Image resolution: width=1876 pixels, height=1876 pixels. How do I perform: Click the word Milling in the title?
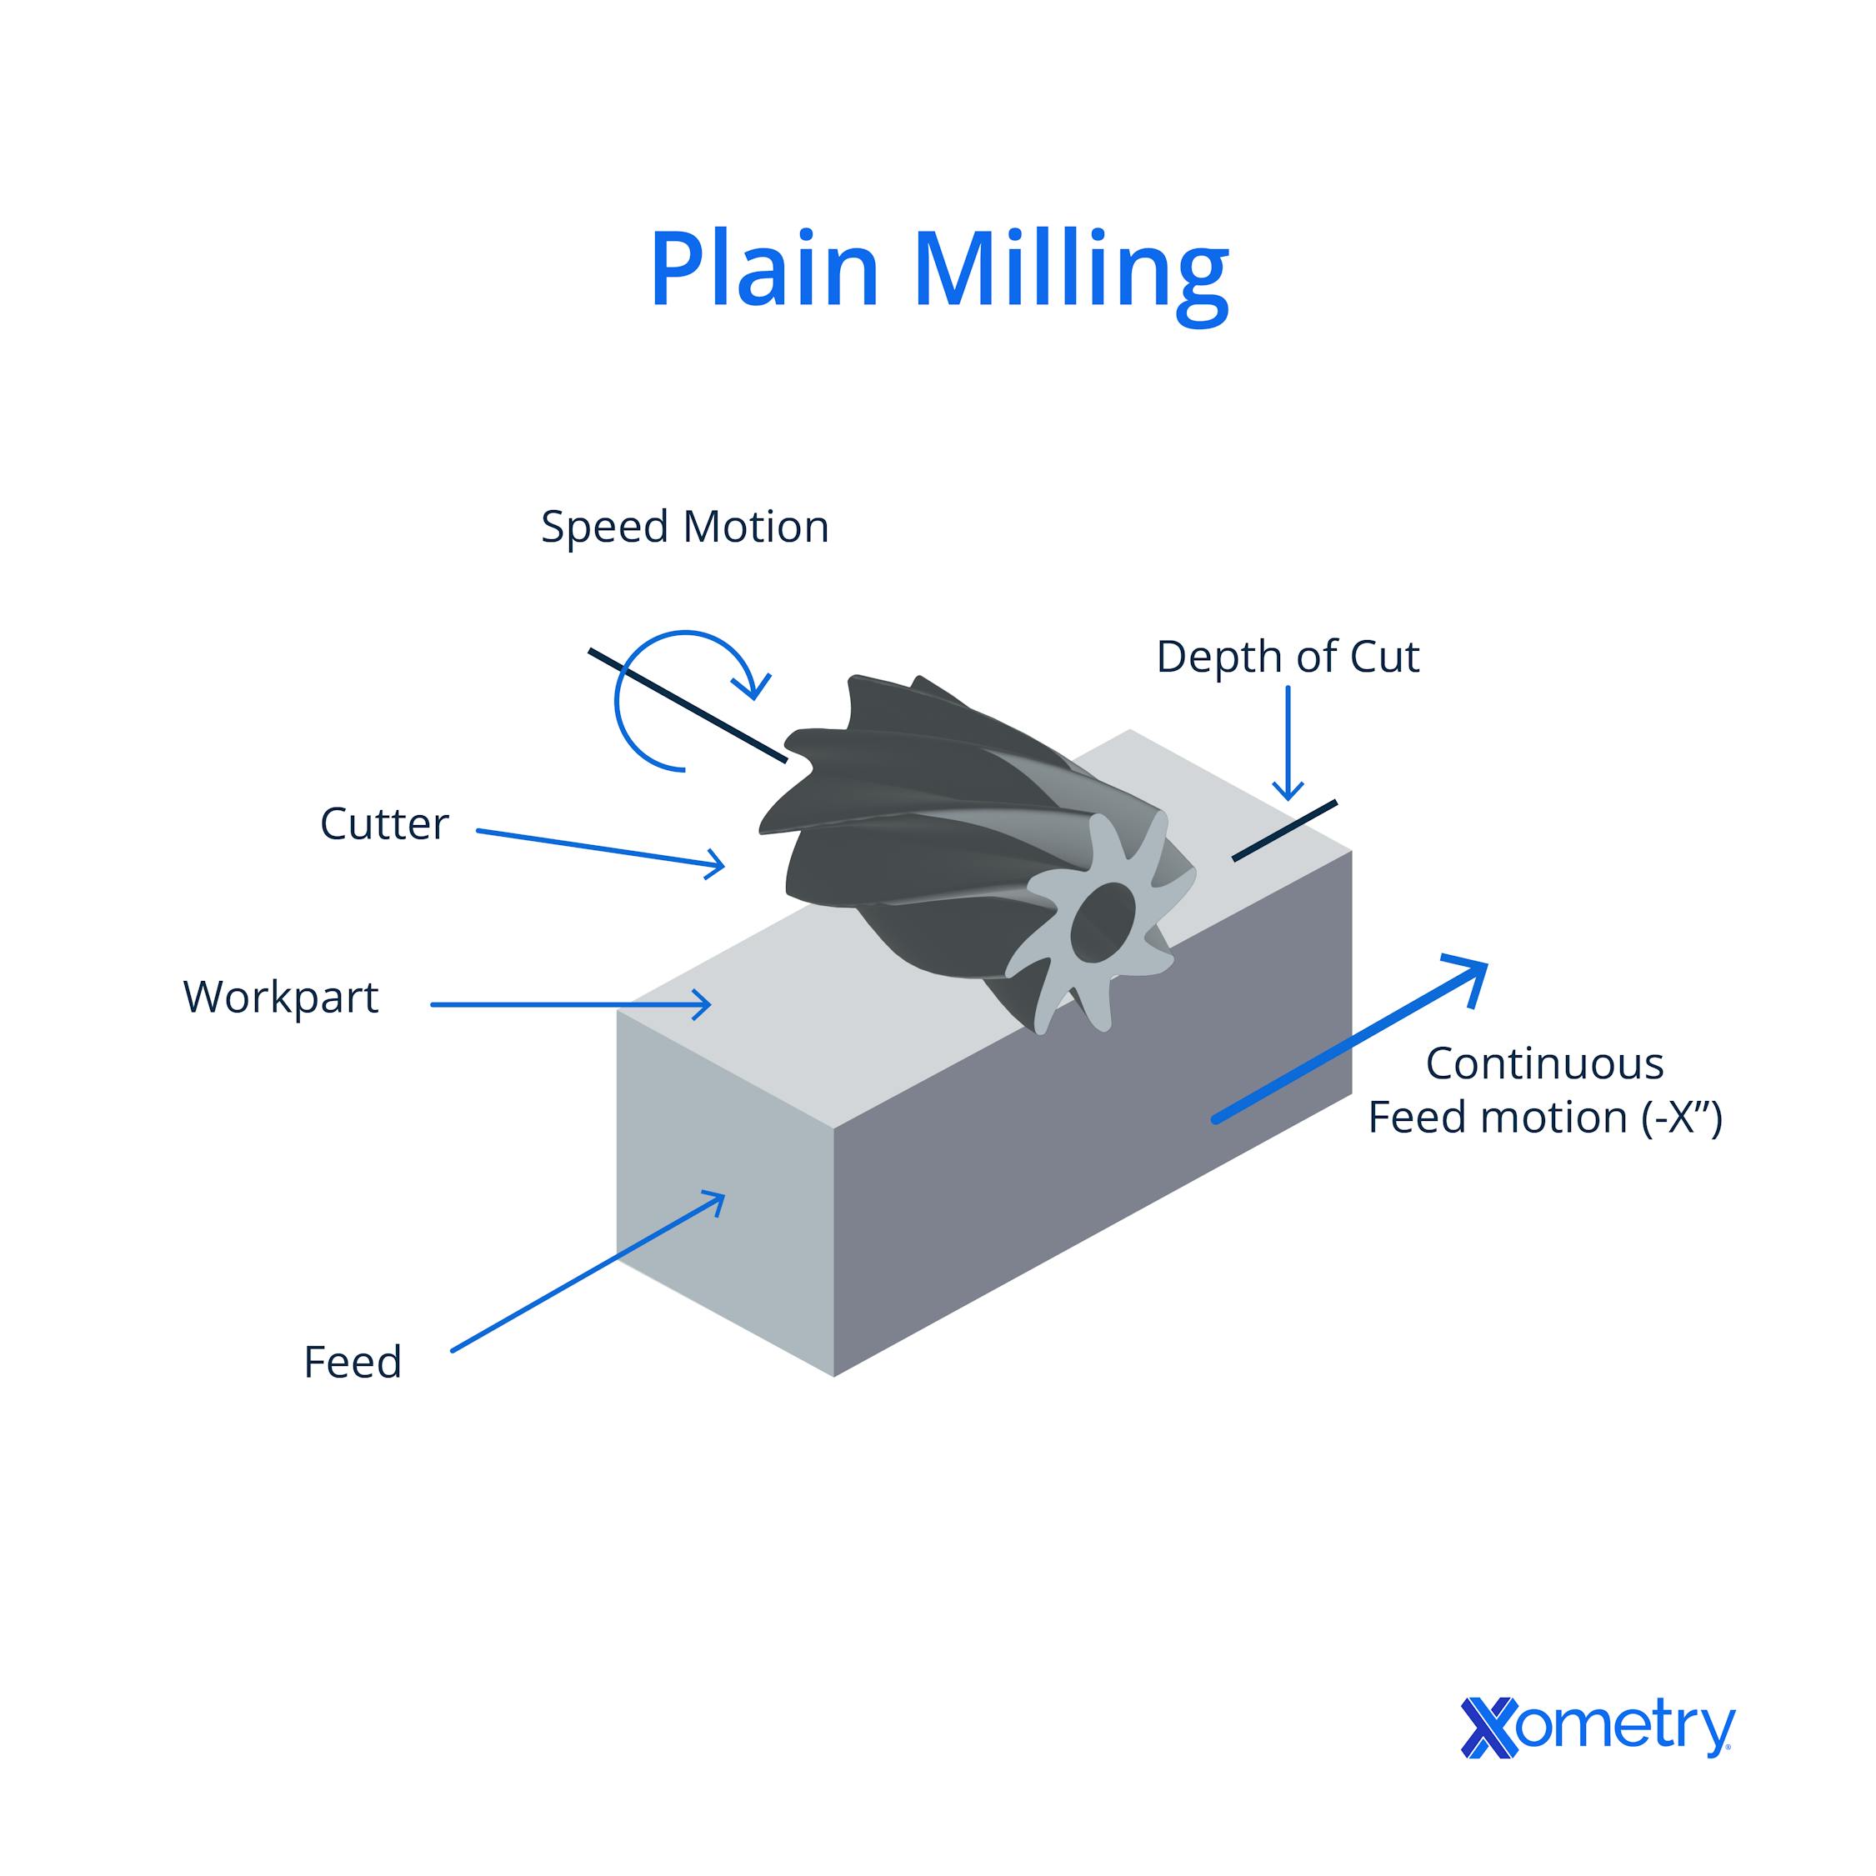coord(1071,272)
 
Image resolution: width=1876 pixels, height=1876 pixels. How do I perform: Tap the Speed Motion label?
coord(684,528)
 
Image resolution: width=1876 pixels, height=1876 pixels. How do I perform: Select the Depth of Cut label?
coord(1288,658)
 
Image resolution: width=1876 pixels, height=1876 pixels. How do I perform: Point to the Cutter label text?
coord(384,824)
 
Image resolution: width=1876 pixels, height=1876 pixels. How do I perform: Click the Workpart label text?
coord(281,998)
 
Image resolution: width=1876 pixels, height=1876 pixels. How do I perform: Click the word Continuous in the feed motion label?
coord(1544,1064)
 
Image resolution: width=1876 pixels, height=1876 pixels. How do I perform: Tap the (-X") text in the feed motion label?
coord(1682,1118)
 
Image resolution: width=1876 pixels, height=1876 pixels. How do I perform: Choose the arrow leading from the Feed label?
coord(588,1273)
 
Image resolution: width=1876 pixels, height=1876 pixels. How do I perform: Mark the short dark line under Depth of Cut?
coord(1283,831)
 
